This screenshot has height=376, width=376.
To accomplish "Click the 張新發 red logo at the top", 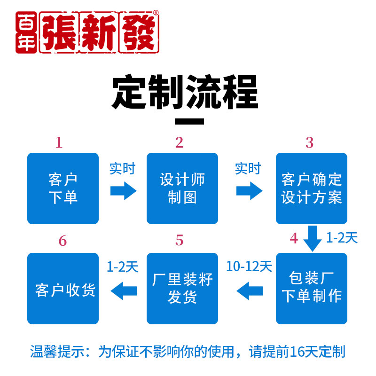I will (87, 32).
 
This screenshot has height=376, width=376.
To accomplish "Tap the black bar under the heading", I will (189, 121).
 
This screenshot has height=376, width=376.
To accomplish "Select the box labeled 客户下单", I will (63, 188).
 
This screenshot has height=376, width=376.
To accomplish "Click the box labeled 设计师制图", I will (182, 188).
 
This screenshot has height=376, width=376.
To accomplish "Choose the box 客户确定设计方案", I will (312, 188).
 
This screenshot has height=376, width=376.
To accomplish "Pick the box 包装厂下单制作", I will (312, 288).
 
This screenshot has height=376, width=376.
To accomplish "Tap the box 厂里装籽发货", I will (182, 288).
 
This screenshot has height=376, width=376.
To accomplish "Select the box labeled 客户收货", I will (63, 288).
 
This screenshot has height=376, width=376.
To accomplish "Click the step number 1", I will (59, 142).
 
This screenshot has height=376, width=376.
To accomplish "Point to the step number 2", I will (179, 142).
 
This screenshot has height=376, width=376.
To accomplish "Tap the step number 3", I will (309, 142).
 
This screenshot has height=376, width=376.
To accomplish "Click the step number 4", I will (294, 238).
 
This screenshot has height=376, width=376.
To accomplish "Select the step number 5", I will (179, 241).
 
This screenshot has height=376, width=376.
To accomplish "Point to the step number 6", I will (63, 241).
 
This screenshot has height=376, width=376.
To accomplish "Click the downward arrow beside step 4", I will (312, 238).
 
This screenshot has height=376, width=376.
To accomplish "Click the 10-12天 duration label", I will (249, 266).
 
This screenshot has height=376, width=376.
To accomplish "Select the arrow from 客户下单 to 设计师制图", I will (123, 191).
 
